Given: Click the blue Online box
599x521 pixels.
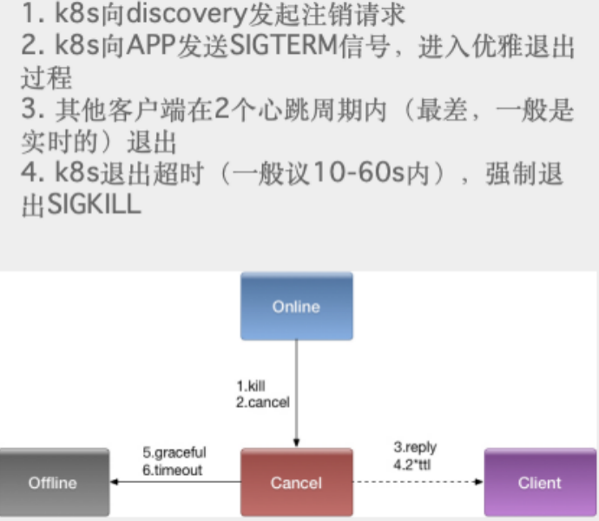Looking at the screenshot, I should pos(296,307).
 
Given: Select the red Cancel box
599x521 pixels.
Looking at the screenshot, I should pos(296,483).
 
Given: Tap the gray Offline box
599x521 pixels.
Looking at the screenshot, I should pos(53,483).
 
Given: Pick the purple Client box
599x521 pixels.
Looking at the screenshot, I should pos(539,483).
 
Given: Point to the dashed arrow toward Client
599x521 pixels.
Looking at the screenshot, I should pos(418,483).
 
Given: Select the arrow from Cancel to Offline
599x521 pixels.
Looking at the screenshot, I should pos(174,483).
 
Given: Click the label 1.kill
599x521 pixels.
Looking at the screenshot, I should pos(251,386).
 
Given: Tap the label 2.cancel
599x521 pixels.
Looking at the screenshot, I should pos(262,402).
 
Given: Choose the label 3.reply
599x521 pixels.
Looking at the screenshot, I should pos(415,447).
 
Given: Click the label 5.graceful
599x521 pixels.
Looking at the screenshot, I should pos(174,452).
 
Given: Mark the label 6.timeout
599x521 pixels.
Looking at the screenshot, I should pos(172,470).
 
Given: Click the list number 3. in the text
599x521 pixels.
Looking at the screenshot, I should pos(30,112).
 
